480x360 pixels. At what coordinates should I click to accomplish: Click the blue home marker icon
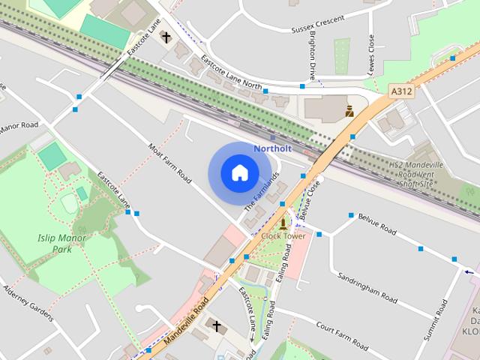coord(238,172)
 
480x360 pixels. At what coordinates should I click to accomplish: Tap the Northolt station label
coord(271,148)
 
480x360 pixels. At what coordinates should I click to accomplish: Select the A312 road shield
coord(402,90)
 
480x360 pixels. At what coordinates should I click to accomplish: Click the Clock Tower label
coord(283,235)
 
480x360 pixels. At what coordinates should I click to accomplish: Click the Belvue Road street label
coord(377,223)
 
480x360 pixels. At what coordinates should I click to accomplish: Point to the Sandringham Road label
coord(367,286)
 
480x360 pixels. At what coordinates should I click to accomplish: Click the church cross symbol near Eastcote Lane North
coord(165,35)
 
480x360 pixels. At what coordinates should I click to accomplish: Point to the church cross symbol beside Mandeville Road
coord(217,326)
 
